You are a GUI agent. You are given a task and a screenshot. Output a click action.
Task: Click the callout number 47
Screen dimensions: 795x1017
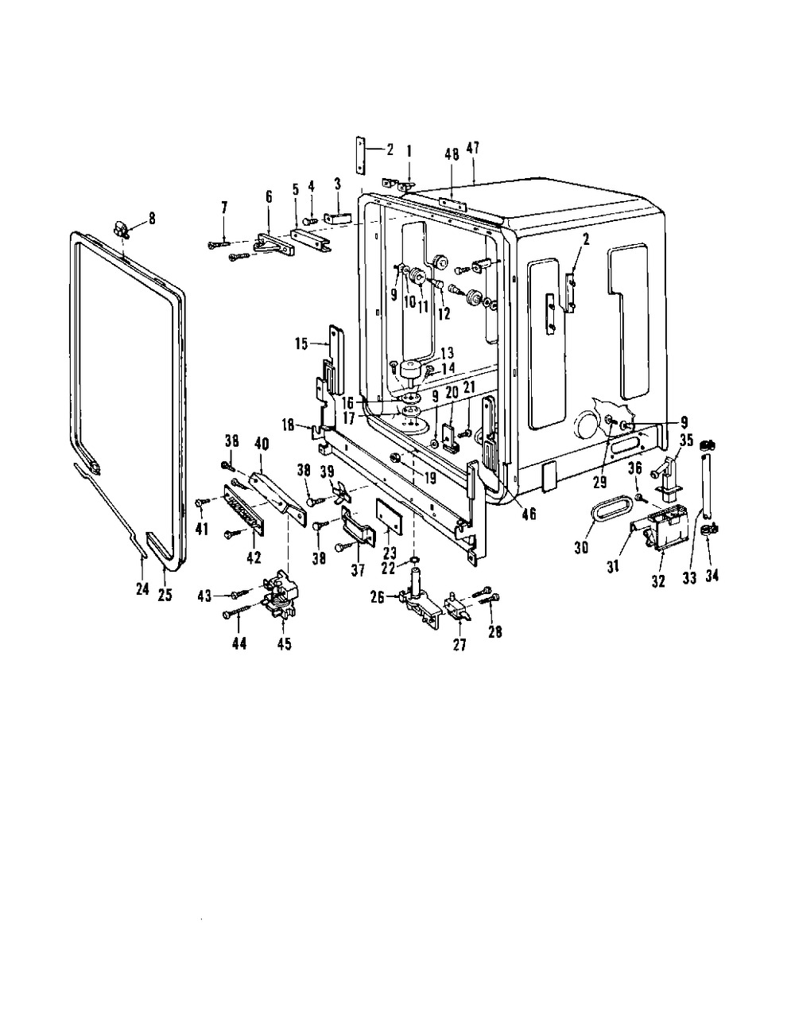click(473, 149)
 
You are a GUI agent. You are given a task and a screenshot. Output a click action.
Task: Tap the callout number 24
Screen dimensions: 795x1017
click(143, 588)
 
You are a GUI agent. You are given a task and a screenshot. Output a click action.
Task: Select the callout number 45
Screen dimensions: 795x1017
click(284, 643)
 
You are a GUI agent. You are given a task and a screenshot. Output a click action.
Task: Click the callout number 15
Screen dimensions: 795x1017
click(302, 344)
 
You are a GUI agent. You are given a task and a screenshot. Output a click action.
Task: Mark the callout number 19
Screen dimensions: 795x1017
click(430, 477)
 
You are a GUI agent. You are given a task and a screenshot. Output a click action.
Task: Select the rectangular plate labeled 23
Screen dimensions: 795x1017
click(389, 515)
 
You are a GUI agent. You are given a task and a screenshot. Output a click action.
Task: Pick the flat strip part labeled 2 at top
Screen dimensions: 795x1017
click(360, 155)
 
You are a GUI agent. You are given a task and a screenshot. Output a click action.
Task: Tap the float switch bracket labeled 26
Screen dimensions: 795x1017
click(420, 603)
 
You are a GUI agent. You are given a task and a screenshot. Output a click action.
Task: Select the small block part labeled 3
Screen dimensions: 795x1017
click(338, 218)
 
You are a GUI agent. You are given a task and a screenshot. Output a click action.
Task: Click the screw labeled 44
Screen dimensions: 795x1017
click(239, 611)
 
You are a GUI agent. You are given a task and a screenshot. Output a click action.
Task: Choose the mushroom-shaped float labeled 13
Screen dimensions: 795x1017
click(410, 371)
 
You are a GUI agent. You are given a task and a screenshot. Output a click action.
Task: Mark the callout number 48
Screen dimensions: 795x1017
click(452, 156)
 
